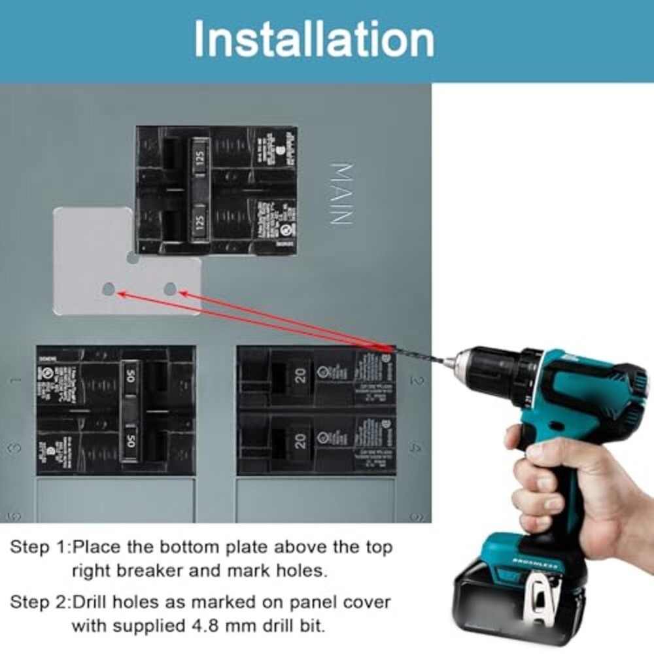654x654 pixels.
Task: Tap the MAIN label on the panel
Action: pyautogui.click(x=342, y=194)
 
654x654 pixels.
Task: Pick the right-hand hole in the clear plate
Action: pyautogui.click(x=171, y=288)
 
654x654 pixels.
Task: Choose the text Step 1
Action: pyautogui.click(x=39, y=547)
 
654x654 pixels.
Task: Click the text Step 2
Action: pyautogui.click(x=39, y=602)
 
